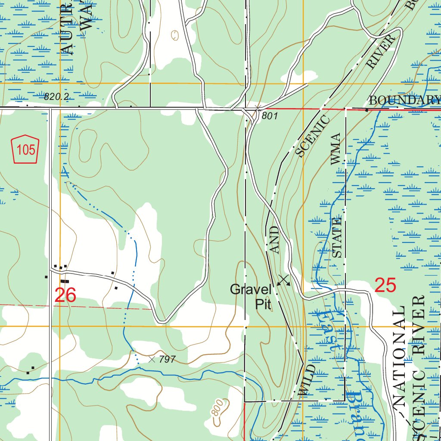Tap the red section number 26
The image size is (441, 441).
65,296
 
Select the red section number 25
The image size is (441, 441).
385,285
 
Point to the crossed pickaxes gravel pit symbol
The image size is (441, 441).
283,280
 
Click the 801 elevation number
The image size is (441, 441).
270,116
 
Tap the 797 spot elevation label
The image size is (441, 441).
167,359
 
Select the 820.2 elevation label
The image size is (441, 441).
56,97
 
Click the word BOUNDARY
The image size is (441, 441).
404,100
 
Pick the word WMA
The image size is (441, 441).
335,149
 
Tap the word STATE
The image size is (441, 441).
337,238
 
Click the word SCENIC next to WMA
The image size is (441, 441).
313,136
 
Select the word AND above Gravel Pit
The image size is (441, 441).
275,240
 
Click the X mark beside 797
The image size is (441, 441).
152,359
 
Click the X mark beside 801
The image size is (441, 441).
258,108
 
